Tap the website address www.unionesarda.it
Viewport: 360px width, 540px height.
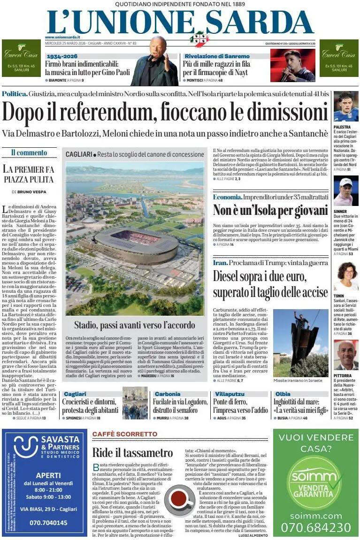[62, 37]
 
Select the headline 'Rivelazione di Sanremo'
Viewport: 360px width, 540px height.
[213, 56]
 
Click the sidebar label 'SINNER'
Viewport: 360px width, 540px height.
[341, 211]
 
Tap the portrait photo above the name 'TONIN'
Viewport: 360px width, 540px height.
[345, 277]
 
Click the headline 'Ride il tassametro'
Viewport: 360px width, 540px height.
[132, 453]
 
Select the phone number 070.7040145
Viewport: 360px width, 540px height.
[48, 522]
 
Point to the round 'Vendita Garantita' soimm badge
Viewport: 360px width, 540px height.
[315, 482]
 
